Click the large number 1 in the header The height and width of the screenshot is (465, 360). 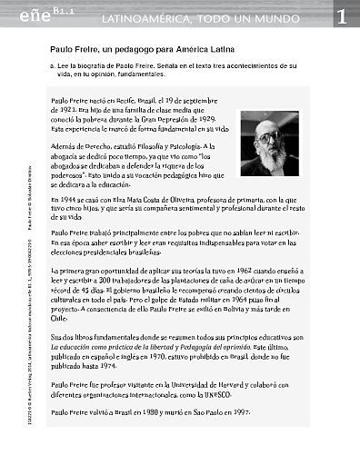coord(340,15)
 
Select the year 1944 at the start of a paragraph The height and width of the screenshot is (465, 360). coord(63,199)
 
